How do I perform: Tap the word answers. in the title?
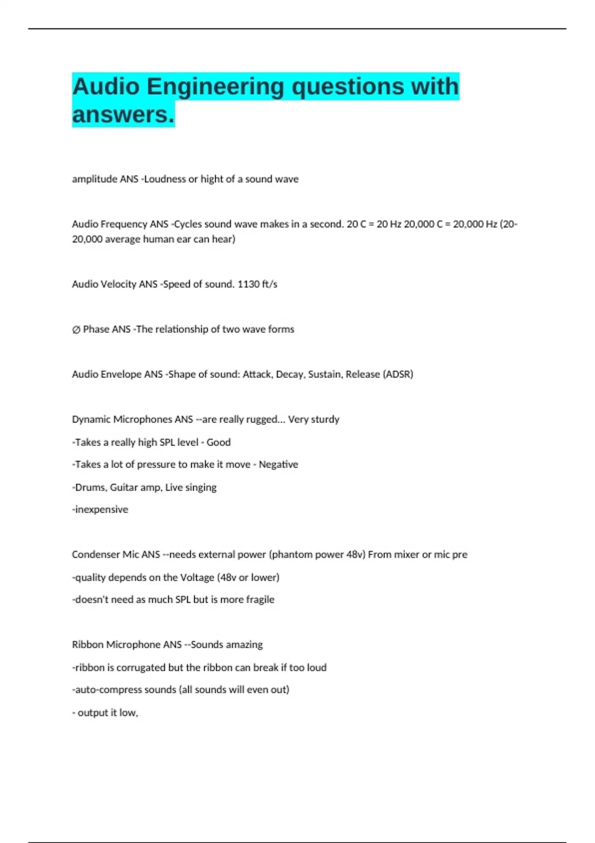[123, 115]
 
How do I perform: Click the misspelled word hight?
[212, 179]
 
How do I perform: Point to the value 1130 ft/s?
[257, 284]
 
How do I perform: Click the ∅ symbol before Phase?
[76, 329]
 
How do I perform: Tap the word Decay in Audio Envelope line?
[289, 374]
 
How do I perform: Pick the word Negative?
[278, 465]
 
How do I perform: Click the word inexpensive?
[101, 510]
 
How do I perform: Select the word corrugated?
[141, 667]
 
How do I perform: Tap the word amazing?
[244, 645]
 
